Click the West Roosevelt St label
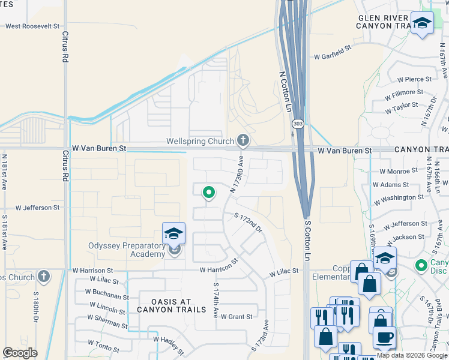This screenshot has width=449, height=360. pyautogui.click(x=32, y=26)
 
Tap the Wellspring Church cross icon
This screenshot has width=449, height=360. pyautogui.click(x=243, y=141)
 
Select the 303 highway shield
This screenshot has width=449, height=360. pyautogui.click(x=298, y=124)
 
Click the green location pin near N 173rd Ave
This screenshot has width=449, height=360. pyautogui.click(x=208, y=193)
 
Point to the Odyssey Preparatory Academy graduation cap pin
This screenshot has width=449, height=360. pyautogui.click(x=173, y=233)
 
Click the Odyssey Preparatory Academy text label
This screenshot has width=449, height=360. pyautogui.click(x=127, y=250)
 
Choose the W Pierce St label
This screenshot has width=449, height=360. pyautogui.click(x=414, y=79)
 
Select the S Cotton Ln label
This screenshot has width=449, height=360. pyautogui.click(x=308, y=240)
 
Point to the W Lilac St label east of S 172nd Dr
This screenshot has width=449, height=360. pyautogui.click(x=283, y=272)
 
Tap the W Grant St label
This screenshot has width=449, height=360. pyautogui.click(x=237, y=316)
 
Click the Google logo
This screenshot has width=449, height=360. pyautogui.click(x=20, y=353)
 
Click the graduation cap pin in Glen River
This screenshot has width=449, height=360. pyautogui.click(x=422, y=23)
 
